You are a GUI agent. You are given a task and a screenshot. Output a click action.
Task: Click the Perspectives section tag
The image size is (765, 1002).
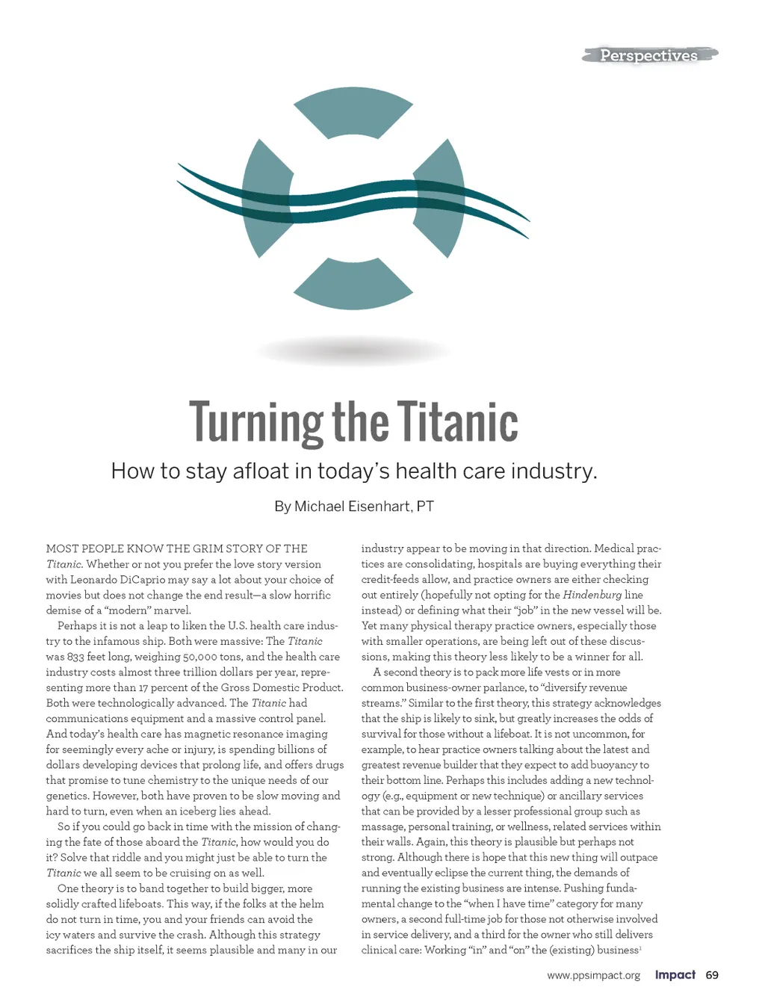(648, 55)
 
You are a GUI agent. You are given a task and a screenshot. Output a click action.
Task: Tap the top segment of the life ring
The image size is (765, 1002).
(353, 112)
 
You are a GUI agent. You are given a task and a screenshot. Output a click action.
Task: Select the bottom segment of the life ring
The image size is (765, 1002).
(353, 283)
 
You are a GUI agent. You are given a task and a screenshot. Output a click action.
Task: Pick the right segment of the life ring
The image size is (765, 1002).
(440, 198)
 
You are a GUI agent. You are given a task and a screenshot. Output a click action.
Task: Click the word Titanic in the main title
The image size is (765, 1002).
(457, 422)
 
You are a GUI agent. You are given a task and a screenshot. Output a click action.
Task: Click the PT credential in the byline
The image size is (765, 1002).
(425, 507)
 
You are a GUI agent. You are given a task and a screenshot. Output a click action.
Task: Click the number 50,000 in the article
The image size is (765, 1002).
(195, 657)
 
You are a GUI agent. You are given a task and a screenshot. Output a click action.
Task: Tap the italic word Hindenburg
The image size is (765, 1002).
(592, 595)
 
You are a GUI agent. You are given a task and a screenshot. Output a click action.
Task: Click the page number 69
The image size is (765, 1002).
(712, 975)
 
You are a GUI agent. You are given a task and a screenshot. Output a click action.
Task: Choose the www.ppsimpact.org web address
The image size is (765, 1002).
(593, 975)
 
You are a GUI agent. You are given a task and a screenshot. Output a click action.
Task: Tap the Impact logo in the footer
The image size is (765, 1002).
(675, 975)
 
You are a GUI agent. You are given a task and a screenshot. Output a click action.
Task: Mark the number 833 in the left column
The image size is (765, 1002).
(75, 657)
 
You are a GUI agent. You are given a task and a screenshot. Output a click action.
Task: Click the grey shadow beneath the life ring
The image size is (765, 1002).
(353, 350)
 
